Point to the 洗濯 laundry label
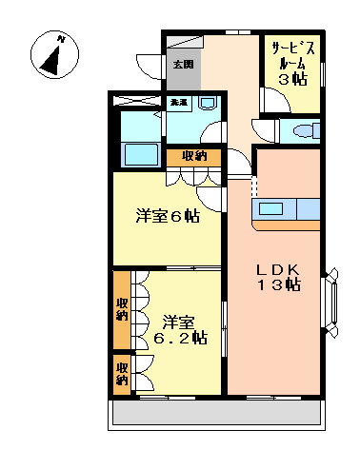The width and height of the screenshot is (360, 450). [179, 101]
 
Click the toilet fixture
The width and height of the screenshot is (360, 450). [304, 132]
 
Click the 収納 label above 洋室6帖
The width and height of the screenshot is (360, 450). [194, 156]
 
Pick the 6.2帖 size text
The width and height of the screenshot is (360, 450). [180, 338]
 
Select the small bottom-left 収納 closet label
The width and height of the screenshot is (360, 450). [122, 373]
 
